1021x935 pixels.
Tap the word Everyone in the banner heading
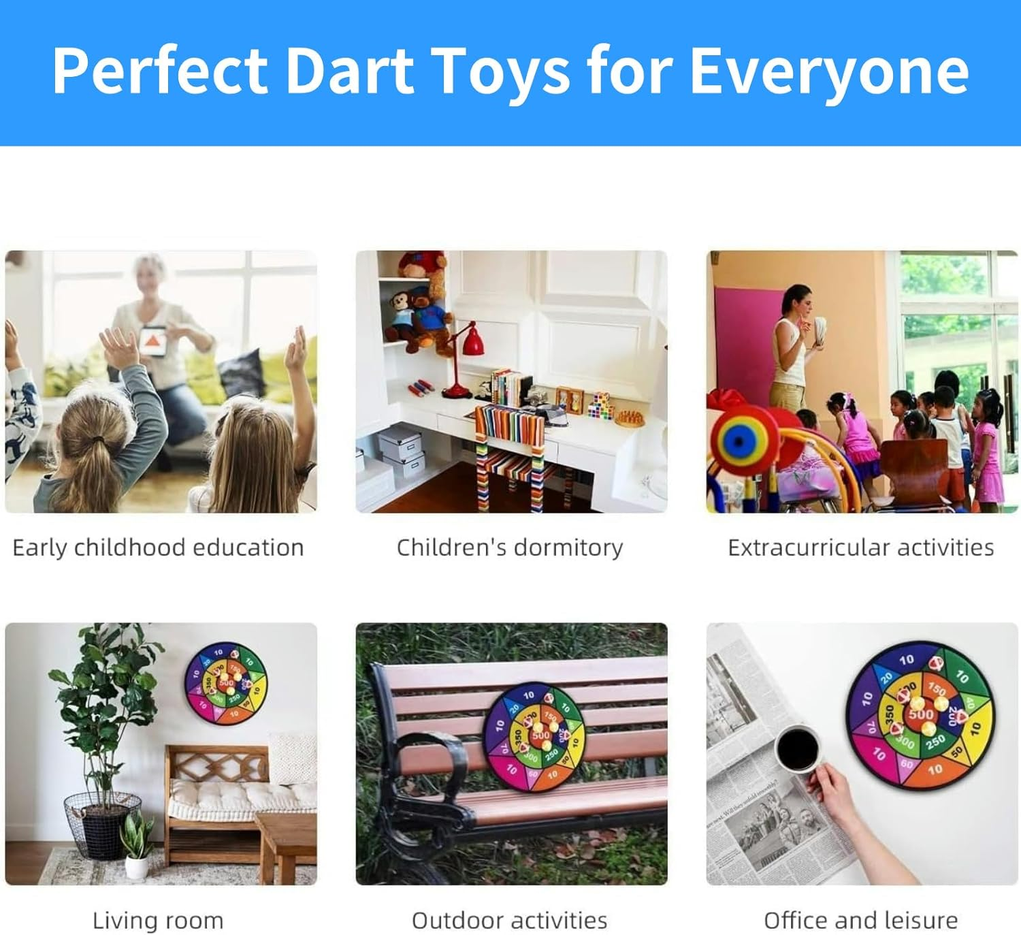point(829,71)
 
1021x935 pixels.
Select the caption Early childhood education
point(158,548)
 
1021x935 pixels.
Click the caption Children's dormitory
point(510,548)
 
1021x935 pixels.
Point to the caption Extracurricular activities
point(860,548)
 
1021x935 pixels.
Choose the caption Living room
point(158,920)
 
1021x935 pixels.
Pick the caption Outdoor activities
point(510,920)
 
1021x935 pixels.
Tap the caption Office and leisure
point(860,920)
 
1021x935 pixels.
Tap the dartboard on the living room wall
point(226,682)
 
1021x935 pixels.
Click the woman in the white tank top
point(792,347)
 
